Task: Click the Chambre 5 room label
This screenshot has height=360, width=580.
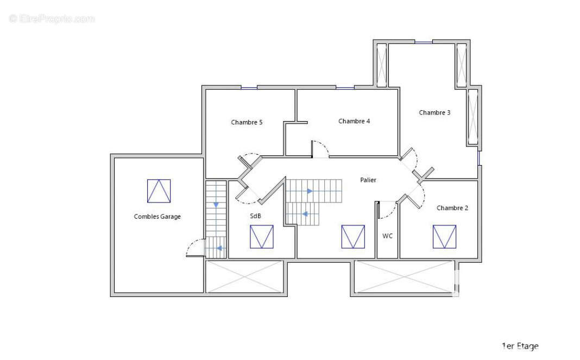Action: click(x=247, y=122)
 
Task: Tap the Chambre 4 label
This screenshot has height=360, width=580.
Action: click(x=354, y=121)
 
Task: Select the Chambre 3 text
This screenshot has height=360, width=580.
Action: click(x=434, y=112)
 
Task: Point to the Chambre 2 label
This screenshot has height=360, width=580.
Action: click(x=452, y=208)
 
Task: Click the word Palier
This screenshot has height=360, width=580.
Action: click(x=368, y=180)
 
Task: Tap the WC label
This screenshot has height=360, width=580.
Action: click(x=387, y=236)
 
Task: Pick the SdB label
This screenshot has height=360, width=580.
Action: click(x=255, y=216)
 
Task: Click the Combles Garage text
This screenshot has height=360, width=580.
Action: click(x=157, y=217)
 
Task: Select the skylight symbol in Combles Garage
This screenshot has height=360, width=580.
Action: click(x=159, y=191)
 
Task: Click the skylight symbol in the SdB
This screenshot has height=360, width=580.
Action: click(x=262, y=237)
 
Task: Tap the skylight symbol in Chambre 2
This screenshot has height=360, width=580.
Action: click(x=444, y=237)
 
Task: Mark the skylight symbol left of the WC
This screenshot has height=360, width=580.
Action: click(x=353, y=237)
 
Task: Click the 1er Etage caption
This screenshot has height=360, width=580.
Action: click(x=520, y=346)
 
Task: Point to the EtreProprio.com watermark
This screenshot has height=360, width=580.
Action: click(x=52, y=18)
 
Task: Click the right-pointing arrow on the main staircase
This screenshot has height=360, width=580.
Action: click(x=310, y=191)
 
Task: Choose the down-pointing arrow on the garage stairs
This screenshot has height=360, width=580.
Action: click(x=216, y=205)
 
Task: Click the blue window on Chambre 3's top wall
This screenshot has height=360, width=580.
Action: click(x=424, y=42)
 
